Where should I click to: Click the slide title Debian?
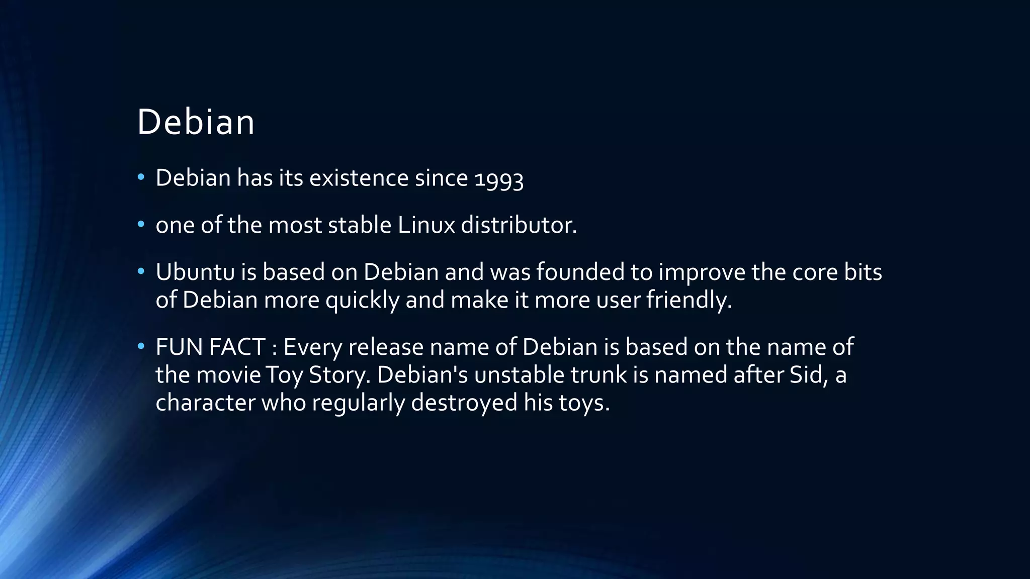click(x=196, y=122)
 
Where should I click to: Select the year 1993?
click(x=499, y=179)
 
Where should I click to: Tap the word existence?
click(x=359, y=178)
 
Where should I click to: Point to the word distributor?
click(x=519, y=225)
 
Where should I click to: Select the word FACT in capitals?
click(x=237, y=347)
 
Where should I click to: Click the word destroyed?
click(x=464, y=403)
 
